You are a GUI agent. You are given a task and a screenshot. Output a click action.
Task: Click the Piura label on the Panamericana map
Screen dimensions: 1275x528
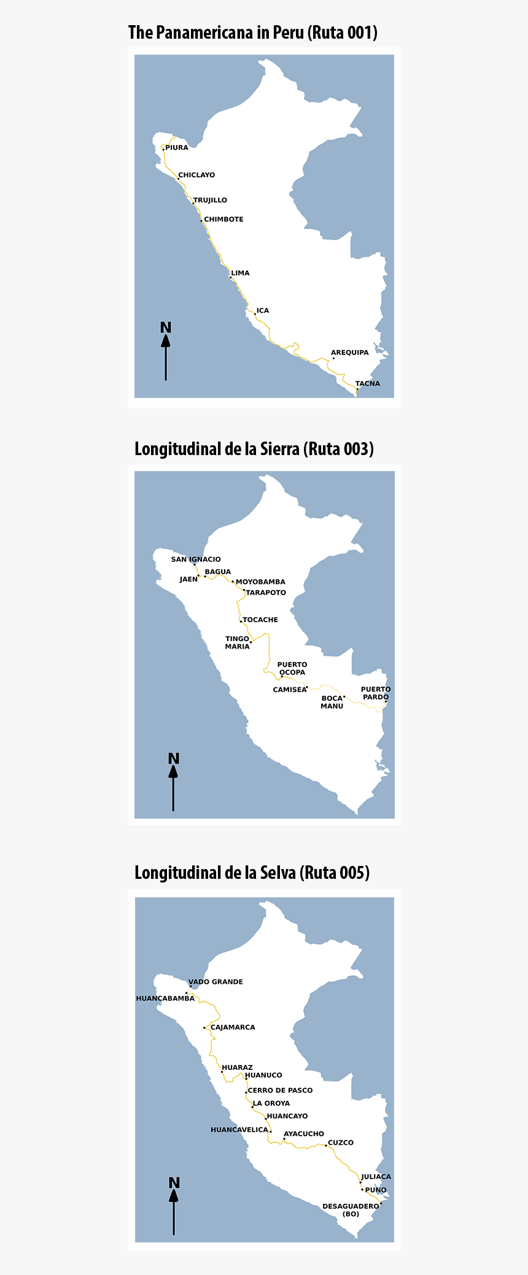177,148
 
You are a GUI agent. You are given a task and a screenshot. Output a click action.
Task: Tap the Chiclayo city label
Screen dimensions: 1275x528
196,175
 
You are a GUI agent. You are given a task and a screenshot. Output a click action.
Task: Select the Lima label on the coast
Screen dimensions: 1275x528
240,273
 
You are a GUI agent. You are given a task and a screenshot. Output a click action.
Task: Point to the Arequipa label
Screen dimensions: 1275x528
350,353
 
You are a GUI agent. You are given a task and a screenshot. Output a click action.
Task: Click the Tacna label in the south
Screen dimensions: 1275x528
368,384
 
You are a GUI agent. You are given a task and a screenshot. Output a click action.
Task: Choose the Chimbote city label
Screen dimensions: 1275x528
223,219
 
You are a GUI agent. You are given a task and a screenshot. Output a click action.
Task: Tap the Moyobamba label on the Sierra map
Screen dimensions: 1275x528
260,582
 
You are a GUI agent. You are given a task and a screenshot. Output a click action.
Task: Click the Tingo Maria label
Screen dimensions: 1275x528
238,642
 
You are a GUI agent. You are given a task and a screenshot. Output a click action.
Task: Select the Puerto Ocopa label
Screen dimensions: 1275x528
292,668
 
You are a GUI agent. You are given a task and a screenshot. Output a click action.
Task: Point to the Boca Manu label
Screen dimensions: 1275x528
332,702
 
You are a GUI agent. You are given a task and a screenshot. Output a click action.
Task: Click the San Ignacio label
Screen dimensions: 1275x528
196,560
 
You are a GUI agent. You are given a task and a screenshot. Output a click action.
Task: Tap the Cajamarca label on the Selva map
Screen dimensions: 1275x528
233,1027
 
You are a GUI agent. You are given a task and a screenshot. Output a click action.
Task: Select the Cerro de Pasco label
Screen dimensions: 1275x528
280,1090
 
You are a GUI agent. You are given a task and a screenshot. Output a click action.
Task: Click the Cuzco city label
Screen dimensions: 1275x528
341,1142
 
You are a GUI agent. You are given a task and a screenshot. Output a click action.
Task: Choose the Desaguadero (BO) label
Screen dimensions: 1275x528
351,1210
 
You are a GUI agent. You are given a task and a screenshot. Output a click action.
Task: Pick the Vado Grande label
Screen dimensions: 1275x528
215,981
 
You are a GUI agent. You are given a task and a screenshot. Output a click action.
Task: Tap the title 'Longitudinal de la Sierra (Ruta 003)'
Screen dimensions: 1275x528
254,449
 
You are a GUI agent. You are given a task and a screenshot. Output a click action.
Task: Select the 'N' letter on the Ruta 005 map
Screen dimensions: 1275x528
174,1183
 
